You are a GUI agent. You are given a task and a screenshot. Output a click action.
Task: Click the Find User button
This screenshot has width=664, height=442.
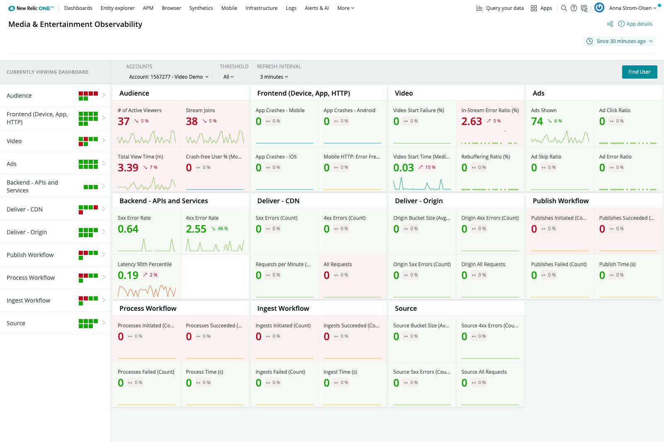click(639, 72)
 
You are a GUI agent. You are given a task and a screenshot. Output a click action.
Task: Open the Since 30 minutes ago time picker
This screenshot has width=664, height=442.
click(620, 41)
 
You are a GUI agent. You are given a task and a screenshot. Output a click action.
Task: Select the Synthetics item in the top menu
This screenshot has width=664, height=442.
click(201, 8)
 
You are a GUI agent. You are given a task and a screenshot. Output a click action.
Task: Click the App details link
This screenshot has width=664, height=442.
click(639, 24)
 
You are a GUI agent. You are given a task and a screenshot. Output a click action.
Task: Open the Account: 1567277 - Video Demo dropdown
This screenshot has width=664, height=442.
click(168, 77)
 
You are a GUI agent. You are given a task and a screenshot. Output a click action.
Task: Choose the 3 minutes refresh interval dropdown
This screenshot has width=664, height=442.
click(274, 77)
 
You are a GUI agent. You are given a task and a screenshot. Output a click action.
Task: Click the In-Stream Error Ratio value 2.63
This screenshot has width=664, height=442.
click(471, 121)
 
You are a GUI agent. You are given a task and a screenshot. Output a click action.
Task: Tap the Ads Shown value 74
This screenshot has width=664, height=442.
click(537, 121)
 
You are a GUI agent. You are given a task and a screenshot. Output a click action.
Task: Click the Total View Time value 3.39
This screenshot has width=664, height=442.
click(128, 168)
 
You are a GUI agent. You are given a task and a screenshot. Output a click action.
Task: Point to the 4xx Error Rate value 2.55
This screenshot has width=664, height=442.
click(196, 229)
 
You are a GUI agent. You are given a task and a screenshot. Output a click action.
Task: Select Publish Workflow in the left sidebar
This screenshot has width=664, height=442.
click(30, 255)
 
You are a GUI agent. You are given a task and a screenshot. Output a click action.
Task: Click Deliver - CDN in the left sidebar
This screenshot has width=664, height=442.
click(24, 209)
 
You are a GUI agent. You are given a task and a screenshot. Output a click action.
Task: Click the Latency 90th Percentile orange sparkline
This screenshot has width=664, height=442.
click(147, 291)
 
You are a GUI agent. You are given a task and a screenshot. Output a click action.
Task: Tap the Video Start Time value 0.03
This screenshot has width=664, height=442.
click(403, 168)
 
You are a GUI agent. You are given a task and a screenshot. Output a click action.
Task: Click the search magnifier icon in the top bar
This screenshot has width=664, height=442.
click(564, 8)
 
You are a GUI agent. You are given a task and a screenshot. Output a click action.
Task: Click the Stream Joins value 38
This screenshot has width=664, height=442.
click(191, 121)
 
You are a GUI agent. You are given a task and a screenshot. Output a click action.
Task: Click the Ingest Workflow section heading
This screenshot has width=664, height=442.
click(283, 308)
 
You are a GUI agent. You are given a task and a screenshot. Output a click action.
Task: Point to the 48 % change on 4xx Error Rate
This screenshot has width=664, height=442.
click(222, 229)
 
